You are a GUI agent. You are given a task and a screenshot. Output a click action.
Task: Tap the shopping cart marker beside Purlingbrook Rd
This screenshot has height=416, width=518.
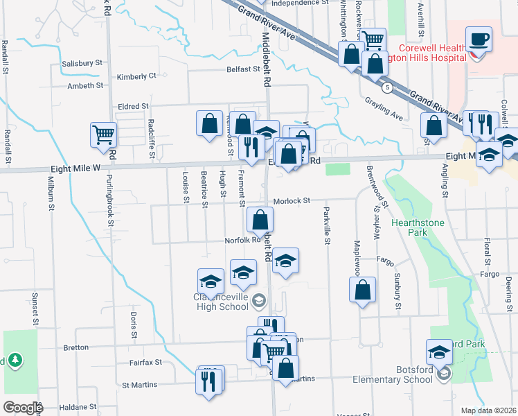[x=103, y=133]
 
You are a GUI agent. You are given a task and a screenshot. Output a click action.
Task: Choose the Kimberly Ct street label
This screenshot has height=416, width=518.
[x=136, y=77]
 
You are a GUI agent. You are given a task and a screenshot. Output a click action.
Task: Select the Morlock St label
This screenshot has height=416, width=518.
[x=291, y=201]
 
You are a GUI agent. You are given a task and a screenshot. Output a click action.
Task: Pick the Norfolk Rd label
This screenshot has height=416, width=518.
[x=242, y=241]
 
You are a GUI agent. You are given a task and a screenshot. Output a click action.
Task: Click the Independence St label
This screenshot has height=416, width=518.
[x=299, y=3]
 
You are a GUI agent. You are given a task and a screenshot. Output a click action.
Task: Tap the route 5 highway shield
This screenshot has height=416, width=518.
[x=388, y=87]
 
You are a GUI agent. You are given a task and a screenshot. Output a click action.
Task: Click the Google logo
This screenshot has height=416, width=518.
[x=23, y=408]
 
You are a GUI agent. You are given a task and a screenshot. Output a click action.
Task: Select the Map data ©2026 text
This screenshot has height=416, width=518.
[x=488, y=410]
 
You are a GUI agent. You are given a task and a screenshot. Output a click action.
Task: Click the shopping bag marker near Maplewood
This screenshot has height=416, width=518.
[x=362, y=290]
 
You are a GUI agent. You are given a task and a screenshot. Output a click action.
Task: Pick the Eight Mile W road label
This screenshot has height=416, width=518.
[x=76, y=168]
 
